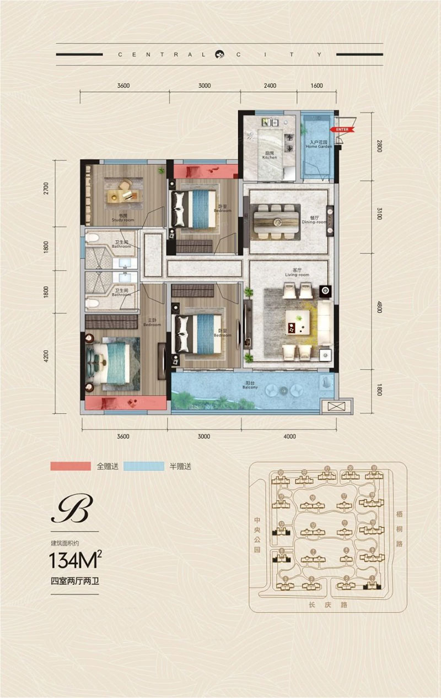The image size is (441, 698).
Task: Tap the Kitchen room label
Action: [x=269, y=155]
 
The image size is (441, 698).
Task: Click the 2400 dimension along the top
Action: [x=270, y=85]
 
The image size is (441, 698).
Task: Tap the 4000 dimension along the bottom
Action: [x=289, y=436]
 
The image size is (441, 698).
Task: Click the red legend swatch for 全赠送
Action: [x=70, y=466]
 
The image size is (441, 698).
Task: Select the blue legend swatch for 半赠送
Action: [x=144, y=466]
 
